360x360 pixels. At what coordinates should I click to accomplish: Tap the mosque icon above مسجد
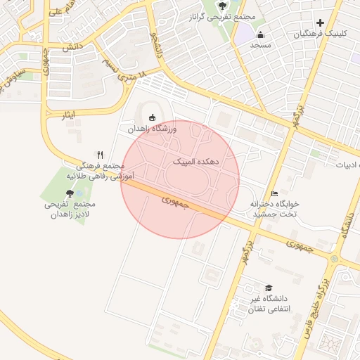[261, 34]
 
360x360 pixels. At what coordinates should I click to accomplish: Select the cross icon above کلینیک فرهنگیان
[321, 22]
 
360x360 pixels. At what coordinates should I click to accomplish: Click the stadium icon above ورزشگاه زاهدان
[153, 117]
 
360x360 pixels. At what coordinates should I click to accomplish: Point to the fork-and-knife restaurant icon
[101, 155]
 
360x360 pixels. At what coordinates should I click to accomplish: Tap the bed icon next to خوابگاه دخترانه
[274, 193]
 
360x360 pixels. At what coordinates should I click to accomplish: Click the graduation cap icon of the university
[268, 288]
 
